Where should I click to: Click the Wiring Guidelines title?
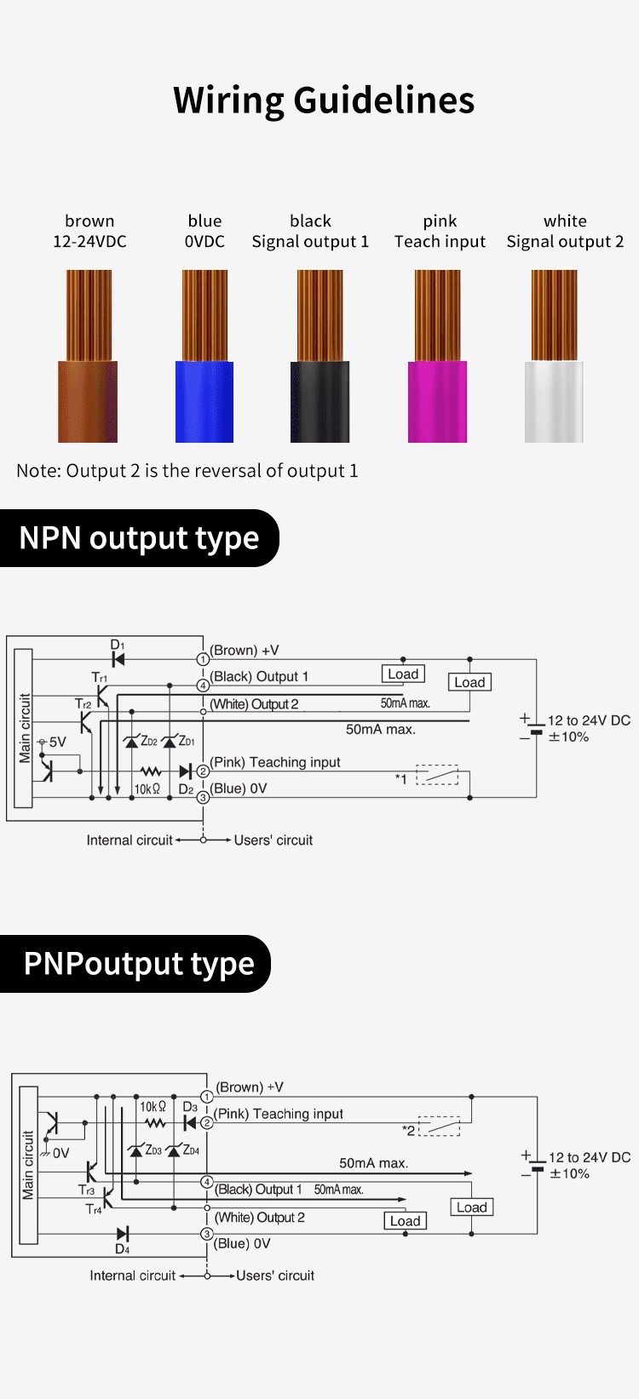tap(324, 100)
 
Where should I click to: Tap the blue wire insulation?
tap(204, 401)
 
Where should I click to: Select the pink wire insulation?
tap(437, 401)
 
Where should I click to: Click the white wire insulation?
tap(554, 401)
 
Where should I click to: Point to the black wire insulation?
tap(320, 401)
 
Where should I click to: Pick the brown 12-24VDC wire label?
tap(89, 232)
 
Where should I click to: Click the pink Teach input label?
tap(440, 232)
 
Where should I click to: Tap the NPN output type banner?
tap(139, 538)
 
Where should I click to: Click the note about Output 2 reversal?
tap(187, 471)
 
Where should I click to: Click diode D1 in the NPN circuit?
tap(118, 659)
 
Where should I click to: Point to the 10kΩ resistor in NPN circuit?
tap(150, 771)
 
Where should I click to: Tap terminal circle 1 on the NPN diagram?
tap(203, 659)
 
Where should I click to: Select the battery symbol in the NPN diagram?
tap(536, 728)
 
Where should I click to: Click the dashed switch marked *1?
tap(437, 775)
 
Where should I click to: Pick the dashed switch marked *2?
tap(439, 1127)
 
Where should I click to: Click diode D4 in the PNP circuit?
tap(123, 1233)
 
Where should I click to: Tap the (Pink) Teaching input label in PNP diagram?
tap(279, 1114)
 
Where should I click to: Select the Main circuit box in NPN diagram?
tap(24, 728)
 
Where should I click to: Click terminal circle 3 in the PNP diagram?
tap(207, 1234)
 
